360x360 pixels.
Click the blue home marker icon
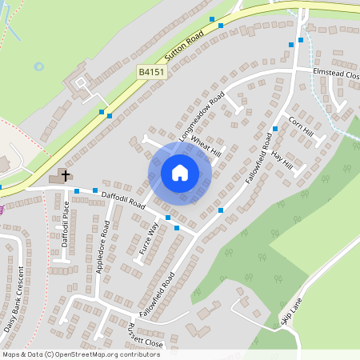[x=180, y=173]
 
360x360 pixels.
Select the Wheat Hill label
[x=205, y=147]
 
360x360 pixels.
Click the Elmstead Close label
[x=335, y=75]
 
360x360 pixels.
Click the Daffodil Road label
[x=123, y=199]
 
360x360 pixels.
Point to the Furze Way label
[x=149, y=238]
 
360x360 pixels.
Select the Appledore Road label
[x=102, y=250]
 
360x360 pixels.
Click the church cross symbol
[x=64, y=174]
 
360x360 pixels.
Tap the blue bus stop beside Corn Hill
[x=274, y=128]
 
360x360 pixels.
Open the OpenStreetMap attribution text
[x=81, y=354]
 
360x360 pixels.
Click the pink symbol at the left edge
[x=2, y=210]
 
